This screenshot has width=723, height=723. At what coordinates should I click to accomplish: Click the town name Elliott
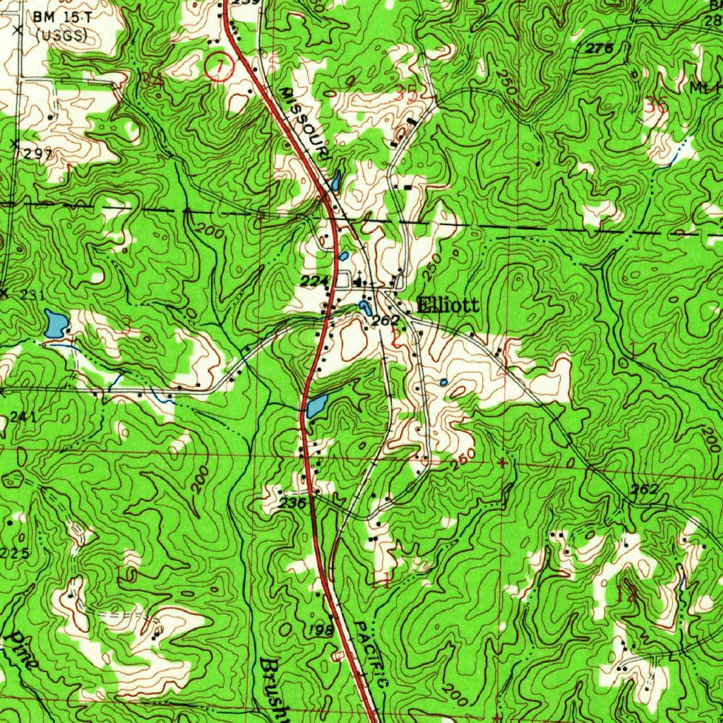tap(448, 306)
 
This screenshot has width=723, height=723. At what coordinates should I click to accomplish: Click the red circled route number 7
tap(219, 66)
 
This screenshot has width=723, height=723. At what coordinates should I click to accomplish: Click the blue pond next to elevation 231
tap(56, 323)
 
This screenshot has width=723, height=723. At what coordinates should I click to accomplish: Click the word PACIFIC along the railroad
tap(371, 655)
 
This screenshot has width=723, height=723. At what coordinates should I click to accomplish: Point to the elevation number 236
tap(292, 504)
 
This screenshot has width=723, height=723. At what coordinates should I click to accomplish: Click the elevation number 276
tap(599, 48)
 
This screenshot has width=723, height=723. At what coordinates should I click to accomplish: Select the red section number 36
tap(655, 106)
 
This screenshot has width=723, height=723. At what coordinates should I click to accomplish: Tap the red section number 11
tap(380, 581)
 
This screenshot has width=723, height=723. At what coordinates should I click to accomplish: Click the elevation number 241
tap(23, 417)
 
